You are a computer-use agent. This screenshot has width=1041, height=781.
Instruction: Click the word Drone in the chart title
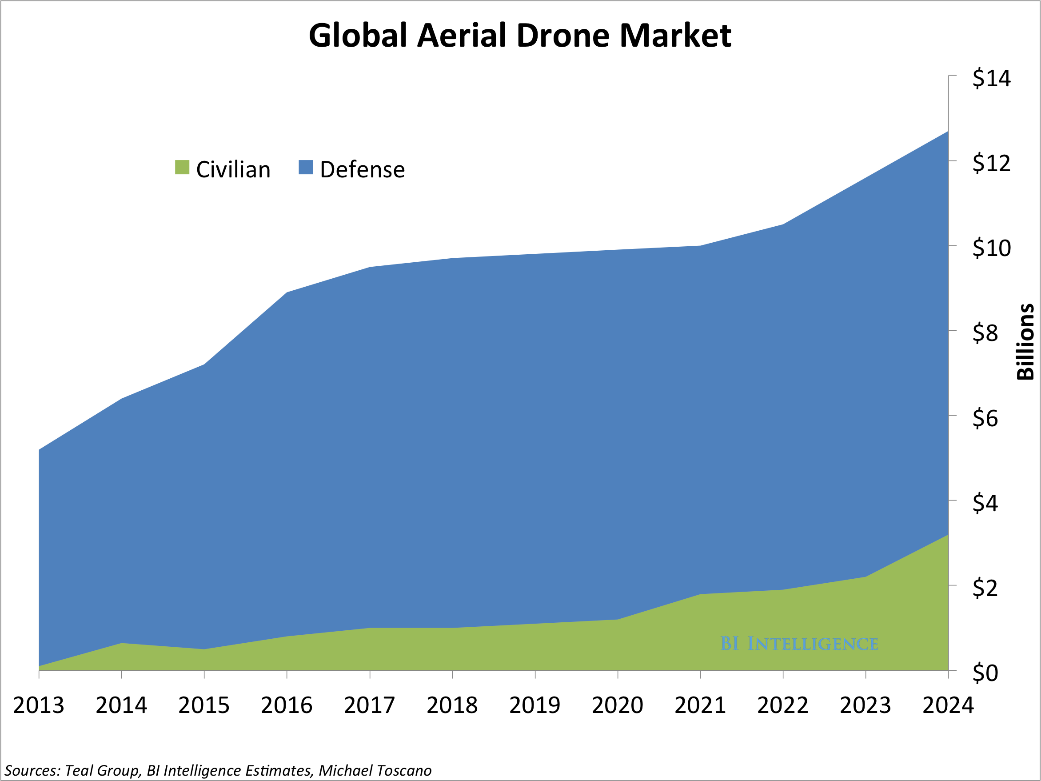[x=564, y=36]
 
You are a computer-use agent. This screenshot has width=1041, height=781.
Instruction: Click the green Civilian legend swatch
[x=182, y=167]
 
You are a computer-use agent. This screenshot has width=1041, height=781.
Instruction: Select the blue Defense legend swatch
[x=306, y=167]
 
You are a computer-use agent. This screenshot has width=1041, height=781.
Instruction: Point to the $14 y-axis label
[x=991, y=78]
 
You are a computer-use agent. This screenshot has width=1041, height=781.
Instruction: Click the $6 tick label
[x=985, y=418]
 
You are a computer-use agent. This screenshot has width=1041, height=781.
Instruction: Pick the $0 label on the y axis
[x=985, y=673]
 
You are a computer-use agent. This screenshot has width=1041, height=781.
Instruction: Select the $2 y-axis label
[x=985, y=588]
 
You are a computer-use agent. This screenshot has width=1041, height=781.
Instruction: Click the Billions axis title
[x=1025, y=342]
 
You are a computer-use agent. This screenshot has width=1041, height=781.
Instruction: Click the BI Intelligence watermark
[x=799, y=644]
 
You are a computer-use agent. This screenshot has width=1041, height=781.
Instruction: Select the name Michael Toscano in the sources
[x=375, y=771]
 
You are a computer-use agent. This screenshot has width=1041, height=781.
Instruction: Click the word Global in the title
[x=358, y=36]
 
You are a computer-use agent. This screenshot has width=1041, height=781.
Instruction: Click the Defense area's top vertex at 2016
[x=287, y=292]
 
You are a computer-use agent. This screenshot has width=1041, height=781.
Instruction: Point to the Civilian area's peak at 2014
[x=121, y=643]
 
